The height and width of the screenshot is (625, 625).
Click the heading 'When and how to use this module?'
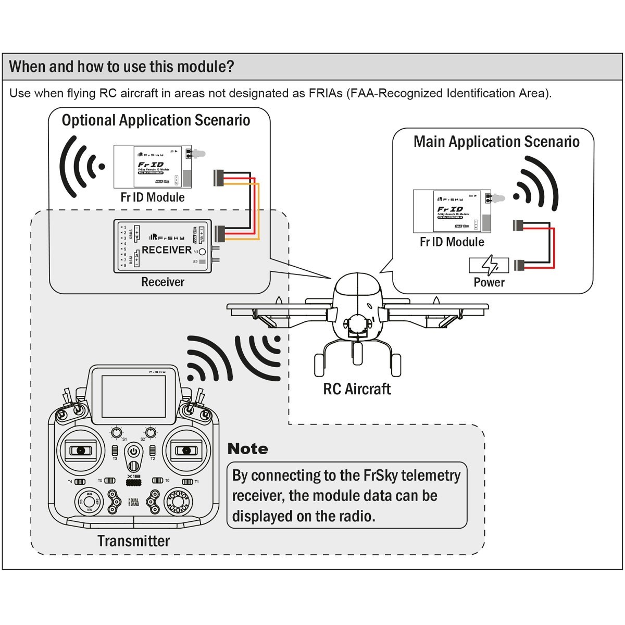pos(121,67)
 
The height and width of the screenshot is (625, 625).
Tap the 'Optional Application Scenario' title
pos(156,120)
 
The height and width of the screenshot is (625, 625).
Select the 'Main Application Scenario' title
pos(496,142)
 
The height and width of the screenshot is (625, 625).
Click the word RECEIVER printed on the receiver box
pos(167,250)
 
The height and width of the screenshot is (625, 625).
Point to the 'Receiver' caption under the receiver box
pos(162,282)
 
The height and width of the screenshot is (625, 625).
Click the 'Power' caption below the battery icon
pos(489,282)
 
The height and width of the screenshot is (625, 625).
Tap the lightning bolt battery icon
pos(489,266)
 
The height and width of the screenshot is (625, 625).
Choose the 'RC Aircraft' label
pos(357,389)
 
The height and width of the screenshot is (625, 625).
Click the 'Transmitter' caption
pos(133,541)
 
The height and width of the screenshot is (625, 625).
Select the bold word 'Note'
pos(248,449)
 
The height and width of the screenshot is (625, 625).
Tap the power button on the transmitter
pos(134,451)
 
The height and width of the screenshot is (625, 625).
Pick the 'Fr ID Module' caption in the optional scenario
pos(152,197)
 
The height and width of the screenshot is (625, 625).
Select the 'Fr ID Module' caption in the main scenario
pos(452,242)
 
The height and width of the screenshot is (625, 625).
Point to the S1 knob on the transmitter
pos(117,432)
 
